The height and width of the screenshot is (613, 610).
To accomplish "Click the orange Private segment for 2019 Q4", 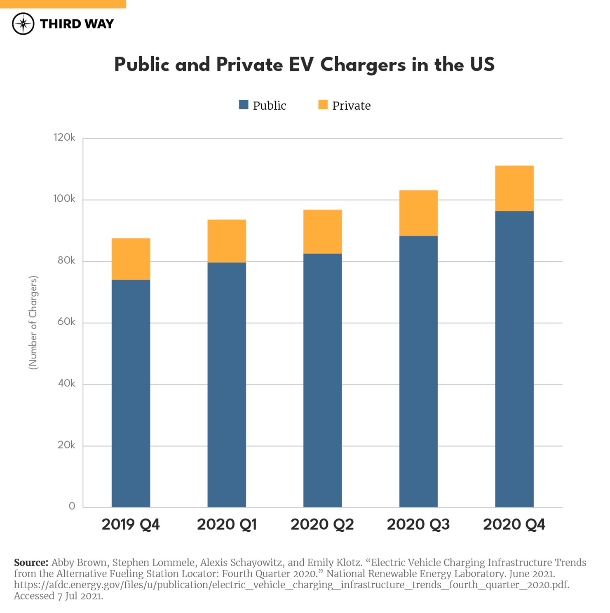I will pyautogui.click(x=131, y=259).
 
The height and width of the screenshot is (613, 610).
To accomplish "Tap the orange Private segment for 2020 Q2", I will pyautogui.click(x=322, y=231).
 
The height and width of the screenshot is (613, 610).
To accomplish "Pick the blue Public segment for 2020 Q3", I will pyautogui.click(x=418, y=371).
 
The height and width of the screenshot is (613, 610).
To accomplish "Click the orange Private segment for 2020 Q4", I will pyautogui.click(x=514, y=188).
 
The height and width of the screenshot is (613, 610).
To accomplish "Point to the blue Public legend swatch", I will pyautogui.click(x=244, y=105).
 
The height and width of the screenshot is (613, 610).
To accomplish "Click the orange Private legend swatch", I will pyautogui.click(x=323, y=105).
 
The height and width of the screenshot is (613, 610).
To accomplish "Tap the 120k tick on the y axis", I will pyautogui.click(x=64, y=137).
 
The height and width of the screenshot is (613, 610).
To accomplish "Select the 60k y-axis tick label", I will pyautogui.click(x=66, y=322).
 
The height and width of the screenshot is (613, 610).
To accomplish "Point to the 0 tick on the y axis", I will pyautogui.click(x=72, y=506).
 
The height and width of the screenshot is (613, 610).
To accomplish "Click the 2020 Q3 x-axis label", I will pyautogui.click(x=418, y=524).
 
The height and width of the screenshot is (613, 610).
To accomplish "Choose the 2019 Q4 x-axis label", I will pyautogui.click(x=131, y=524).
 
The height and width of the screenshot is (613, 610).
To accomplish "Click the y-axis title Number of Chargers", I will pyautogui.click(x=33, y=323).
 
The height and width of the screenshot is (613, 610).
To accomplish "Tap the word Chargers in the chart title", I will pyautogui.click(x=363, y=65).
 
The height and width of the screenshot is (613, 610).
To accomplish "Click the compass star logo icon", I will pyautogui.click(x=23, y=24).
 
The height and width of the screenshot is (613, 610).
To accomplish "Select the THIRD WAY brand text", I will pyautogui.click(x=77, y=24).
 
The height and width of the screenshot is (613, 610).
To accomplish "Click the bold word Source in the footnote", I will pyautogui.click(x=31, y=563).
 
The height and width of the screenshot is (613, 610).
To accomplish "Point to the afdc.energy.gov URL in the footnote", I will pyautogui.click(x=291, y=585).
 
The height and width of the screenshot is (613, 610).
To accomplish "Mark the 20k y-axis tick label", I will pyautogui.click(x=66, y=445).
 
